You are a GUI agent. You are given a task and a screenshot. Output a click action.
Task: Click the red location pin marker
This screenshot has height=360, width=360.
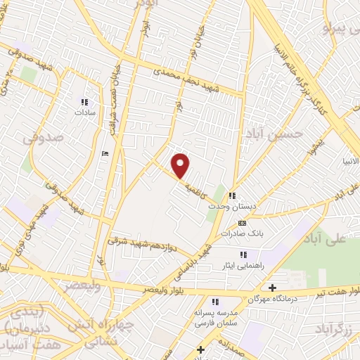(181, 165)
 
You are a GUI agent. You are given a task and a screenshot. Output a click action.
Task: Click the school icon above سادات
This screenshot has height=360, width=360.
(86, 101)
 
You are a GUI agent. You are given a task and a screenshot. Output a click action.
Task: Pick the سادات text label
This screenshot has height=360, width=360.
(86, 112)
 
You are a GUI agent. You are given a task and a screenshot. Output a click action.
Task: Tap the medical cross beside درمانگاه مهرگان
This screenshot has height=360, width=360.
(273, 287)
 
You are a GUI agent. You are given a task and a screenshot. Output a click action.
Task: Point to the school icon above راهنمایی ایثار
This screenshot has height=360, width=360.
(243, 254)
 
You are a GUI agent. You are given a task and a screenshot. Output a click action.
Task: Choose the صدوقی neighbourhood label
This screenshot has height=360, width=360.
(44, 138)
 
